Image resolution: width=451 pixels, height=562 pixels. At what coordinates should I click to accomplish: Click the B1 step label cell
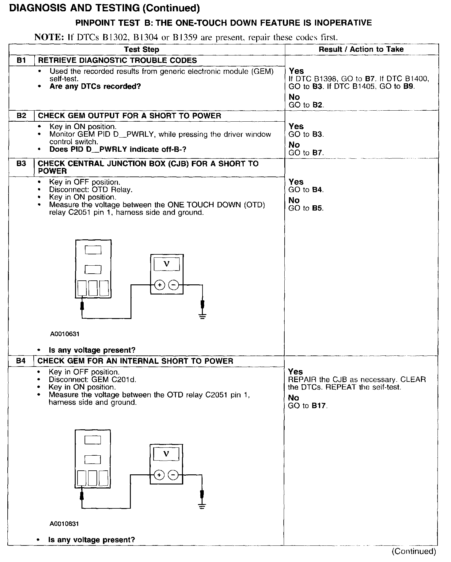coord(21,60)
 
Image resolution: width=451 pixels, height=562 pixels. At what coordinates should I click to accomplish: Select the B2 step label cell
coord(21,116)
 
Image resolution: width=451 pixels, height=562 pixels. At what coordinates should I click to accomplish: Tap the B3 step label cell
coord(21,164)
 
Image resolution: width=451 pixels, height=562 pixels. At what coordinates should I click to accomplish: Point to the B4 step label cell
coord(21,361)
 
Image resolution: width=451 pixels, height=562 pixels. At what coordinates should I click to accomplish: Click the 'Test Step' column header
coord(142,50)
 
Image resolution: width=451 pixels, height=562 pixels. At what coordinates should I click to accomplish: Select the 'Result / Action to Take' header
coord(361,49)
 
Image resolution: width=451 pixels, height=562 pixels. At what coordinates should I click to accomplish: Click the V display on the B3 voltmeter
coord(167,264)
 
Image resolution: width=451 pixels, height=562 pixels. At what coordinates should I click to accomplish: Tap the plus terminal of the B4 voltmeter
coord(159,475)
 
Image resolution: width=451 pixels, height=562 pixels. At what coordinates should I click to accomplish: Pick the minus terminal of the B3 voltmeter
coord(174,285)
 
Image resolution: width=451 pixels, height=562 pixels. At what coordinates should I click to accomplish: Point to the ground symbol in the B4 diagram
coord(202,506)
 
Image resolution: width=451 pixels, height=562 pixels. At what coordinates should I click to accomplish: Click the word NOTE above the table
coord(49,37)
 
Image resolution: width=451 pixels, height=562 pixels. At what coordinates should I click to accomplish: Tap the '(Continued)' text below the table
coord(414,551)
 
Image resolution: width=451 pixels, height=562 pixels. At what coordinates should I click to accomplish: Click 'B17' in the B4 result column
coord(319,406)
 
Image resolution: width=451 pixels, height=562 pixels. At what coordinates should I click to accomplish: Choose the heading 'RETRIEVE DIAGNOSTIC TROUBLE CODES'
coord(117,60)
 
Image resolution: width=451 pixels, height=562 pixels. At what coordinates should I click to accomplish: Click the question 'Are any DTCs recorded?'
coord(95,86)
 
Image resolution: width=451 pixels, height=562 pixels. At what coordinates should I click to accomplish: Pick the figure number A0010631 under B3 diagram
coord(65,334)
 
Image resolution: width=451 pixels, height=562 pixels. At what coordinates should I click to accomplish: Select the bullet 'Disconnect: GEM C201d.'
coord(92,379)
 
